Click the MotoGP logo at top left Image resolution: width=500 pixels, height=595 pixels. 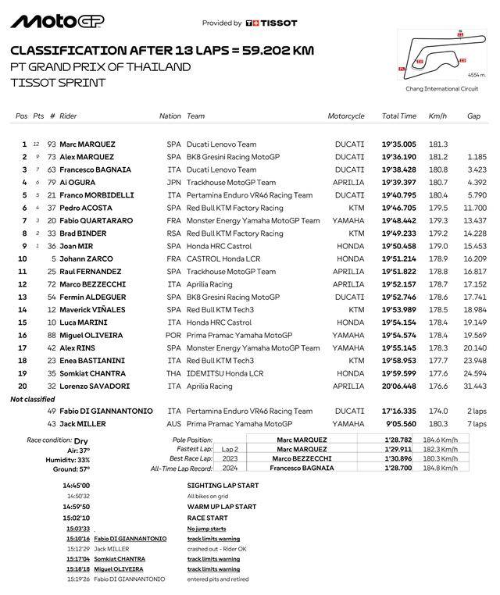pyautogui.click(x=57, y=21)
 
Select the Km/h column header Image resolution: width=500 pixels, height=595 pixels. pyautogui.click(x=437, y=116)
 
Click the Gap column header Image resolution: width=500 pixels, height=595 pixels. pyautogui.click(x=473, y=116)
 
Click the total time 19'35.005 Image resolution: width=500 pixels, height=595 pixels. pyautogui.click(x=398, y=144)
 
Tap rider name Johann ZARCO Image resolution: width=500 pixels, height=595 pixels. pyautogui.click(x=86, y=258)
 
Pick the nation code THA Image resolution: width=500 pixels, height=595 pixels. pyautogui.click(x=173, y=374)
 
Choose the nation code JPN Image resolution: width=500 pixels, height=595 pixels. pyautogui.click(x=173, y=183)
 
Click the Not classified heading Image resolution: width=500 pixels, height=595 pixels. pyautogui.click(x=33, y=399)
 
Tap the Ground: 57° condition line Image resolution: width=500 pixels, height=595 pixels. pyautogui.click(x=70, y=469)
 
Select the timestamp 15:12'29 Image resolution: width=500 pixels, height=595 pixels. pyautogui.click(x=78, y=549)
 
